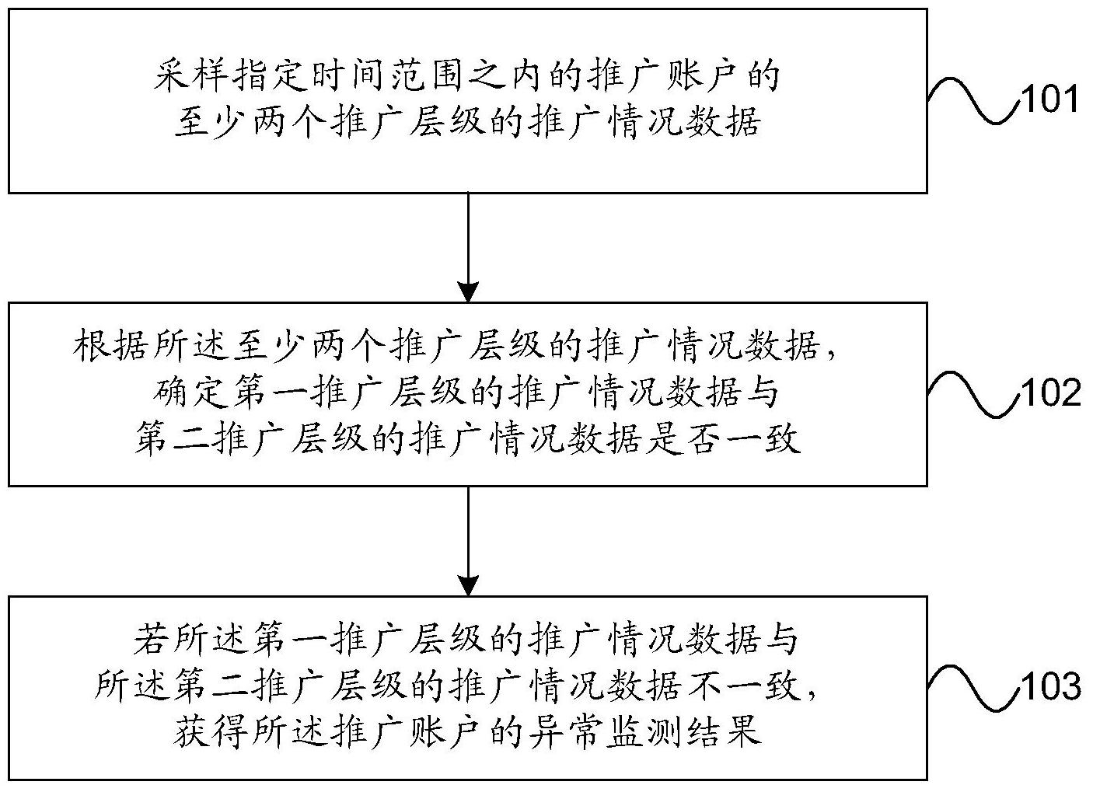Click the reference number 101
coord(1049,99)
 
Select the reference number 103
coord(1050,686)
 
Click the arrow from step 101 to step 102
coord(469,247)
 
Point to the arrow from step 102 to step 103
coord(469,541)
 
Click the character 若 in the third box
coord(152,640)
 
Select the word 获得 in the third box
coord(211,732)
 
